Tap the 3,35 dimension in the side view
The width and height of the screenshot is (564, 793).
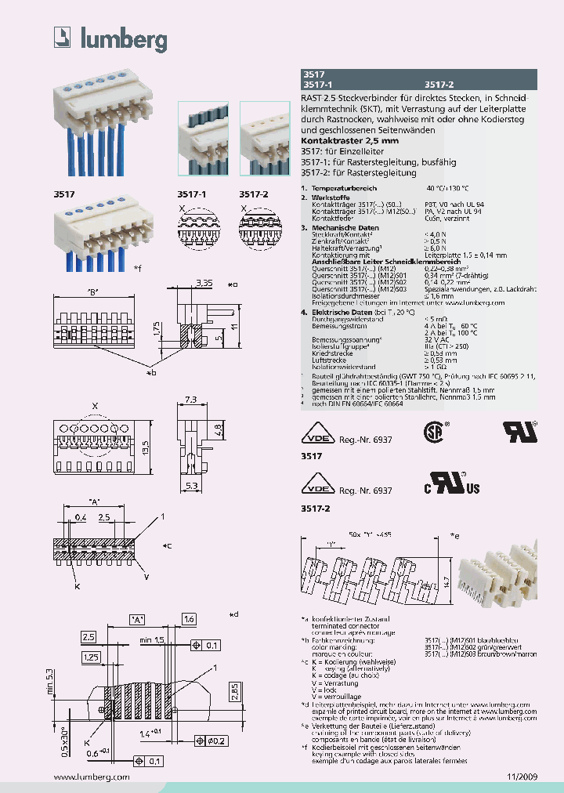point(204,281)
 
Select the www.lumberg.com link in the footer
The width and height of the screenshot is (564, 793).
point(92,776)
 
